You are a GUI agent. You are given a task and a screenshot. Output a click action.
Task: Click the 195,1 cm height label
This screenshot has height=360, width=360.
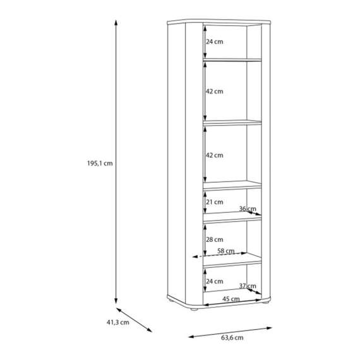coord(100,163)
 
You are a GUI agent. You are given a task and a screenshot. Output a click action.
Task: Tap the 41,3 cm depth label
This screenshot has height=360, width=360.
coord(117,322)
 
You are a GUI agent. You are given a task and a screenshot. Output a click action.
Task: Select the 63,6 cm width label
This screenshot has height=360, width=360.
coord(232,338)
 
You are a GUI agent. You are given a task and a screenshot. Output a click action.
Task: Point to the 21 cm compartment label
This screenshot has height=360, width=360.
coord(215,202)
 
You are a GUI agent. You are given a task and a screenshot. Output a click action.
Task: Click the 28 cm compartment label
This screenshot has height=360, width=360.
coord(215,239)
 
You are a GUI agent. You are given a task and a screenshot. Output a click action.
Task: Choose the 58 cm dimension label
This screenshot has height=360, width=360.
coord(226,251)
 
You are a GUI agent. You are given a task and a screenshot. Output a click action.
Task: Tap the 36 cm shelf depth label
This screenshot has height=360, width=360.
coord(248,208)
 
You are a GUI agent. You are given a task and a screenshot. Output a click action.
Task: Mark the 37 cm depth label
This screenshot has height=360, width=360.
coord(248,286)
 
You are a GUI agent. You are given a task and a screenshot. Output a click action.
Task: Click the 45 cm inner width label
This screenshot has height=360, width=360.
coord(231,299)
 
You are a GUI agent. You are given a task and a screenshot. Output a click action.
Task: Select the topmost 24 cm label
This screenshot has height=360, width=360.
coord(215,42)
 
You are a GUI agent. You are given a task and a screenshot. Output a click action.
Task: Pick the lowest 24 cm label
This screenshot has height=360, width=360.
coord(215,281)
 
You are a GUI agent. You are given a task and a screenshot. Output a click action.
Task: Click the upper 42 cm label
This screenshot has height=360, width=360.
coord(215,92)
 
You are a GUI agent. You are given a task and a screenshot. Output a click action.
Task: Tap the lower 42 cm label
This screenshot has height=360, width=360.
coord(215,155)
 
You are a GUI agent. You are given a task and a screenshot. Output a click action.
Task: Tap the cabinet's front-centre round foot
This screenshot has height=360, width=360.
coord(195,309)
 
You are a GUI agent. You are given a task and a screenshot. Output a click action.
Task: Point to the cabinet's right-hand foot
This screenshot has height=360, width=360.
coord(266,303)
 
